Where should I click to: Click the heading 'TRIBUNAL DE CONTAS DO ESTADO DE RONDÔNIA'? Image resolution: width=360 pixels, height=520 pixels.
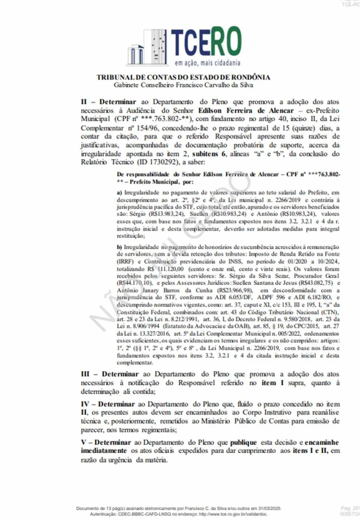pyautogui.click(x=183, y=77)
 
